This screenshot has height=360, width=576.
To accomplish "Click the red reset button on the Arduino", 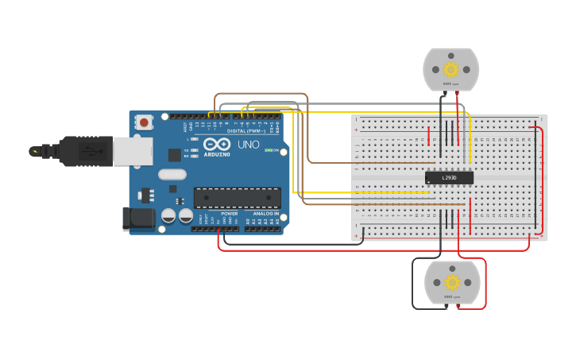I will tap(144, 123).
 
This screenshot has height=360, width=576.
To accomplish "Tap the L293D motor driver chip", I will tap(449, 177).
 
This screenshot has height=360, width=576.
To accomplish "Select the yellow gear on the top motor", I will tap(451, 69).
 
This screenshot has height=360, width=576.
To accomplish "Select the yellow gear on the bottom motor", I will tap(452, 283).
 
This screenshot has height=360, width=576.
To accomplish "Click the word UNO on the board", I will tap(249, 145).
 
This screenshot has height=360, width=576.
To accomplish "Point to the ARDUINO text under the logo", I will tap(217, 154).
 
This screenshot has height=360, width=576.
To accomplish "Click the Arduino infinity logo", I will tap(217, 144).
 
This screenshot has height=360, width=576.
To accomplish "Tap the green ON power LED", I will tap(269, 150).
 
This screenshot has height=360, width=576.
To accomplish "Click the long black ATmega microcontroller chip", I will tap(237, 198).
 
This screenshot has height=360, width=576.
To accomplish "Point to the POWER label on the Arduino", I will tap(229, 213).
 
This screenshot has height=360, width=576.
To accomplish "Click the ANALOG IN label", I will tap(265, 213).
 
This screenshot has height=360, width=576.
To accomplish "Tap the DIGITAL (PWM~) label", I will tap(248, 130).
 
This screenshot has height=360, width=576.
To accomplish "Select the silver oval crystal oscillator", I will tap(172, 174).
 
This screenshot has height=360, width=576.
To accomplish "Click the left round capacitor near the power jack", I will tap(168, 215).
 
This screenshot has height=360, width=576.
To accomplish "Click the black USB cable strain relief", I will tap(55, 150).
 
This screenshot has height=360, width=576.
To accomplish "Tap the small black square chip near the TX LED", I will tap(174, 154).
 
